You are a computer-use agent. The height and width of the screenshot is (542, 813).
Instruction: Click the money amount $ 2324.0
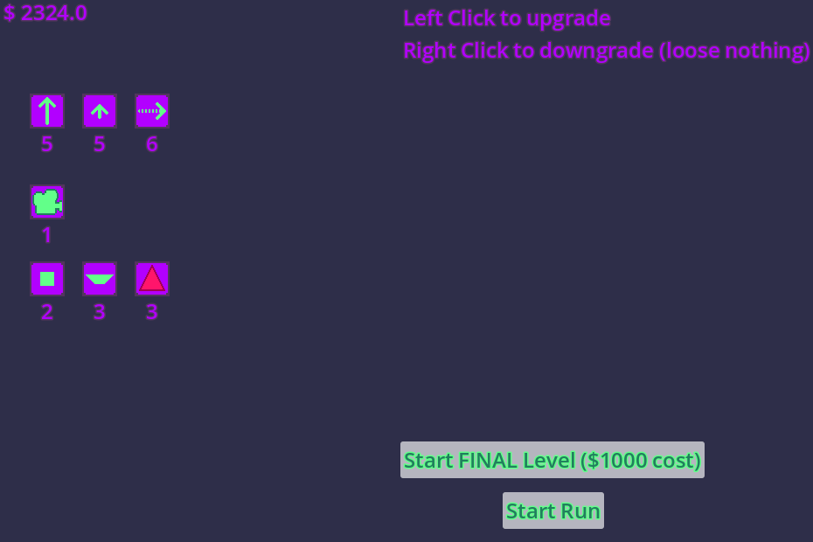[x=45, y=13]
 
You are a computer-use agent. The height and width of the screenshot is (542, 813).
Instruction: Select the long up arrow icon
[x=47, y=111]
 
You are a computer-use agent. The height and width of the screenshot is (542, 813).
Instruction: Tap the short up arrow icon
[x=100, y=111]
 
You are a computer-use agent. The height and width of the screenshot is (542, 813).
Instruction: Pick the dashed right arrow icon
[x=152, y=111]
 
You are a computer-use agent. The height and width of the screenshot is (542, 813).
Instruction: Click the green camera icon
[x=47, y=202]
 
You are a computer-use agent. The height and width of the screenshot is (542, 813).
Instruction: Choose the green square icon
[x=47, y=279]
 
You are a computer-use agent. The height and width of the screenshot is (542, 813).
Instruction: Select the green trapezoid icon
[x=100, y=279]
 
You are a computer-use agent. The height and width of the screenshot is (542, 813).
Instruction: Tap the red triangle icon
[x=152, y=279]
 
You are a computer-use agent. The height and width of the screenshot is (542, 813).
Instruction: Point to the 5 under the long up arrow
[x=47, y=144]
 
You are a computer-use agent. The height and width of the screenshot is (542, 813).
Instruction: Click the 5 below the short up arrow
[x=100, y=144]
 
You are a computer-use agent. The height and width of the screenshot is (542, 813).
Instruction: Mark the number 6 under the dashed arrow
[x=152, y=144]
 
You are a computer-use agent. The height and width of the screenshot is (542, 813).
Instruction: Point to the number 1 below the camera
[x=46, y=235]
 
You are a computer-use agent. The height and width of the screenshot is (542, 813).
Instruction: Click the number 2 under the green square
[x=47, y=312]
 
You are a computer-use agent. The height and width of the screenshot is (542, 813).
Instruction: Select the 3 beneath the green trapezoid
[x=100, y=312]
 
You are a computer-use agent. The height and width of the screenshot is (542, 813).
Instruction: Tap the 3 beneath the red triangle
[x=152, y=312]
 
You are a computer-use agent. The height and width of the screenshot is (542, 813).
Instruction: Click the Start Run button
[x=553, y=511]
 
